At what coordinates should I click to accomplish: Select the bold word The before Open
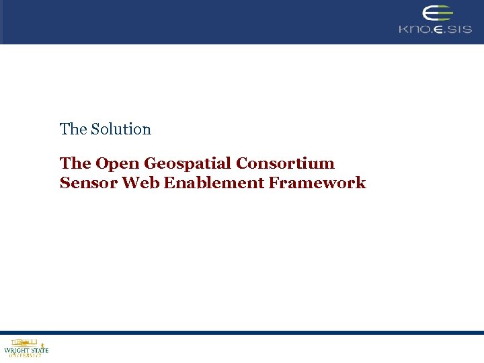point(75,163)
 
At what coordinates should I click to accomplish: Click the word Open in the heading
point(117,164)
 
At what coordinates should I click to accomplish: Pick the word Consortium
point(285,163)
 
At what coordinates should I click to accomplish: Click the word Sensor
point(88,183)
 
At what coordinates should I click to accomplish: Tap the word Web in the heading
point(140,183)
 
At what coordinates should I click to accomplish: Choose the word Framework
point(317,183)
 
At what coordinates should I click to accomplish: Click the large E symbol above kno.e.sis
point(436,13)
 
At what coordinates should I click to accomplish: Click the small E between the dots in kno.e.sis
point(438,30)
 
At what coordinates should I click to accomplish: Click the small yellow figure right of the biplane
point(42,343)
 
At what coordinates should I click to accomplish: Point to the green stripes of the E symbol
point(444,13)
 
